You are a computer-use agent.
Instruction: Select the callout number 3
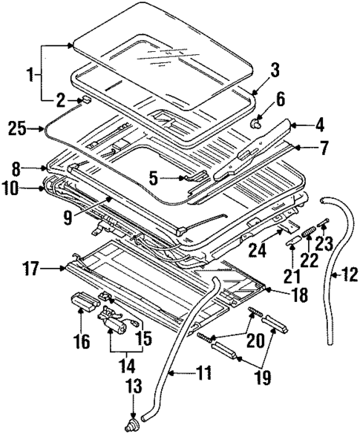pyautogui.click(x=274, y=70)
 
